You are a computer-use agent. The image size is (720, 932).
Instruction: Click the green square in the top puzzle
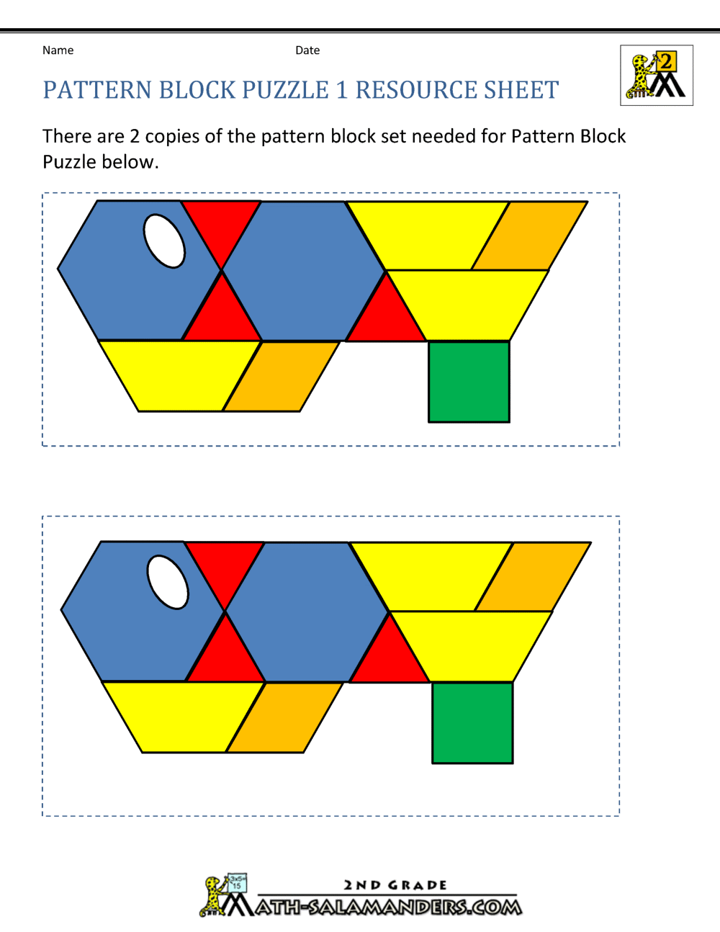469,381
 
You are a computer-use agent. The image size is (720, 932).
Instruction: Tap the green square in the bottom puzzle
472,722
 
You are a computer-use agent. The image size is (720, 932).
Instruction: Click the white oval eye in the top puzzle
165,241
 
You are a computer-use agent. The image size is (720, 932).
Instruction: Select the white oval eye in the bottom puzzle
168,582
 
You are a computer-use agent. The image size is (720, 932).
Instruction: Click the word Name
58,50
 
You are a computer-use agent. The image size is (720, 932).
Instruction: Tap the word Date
307,50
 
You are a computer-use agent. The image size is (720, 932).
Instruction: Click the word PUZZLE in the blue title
285,89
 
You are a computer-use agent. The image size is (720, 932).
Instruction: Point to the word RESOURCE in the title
416,89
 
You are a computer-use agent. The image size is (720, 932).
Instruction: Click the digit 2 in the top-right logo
665,62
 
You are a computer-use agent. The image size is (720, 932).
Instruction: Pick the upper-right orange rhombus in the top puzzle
530,236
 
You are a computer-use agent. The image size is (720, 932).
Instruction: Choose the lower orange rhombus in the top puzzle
281,376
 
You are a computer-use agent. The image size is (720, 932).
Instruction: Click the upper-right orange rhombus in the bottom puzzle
533,577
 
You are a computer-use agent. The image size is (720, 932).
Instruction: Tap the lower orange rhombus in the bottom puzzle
284,717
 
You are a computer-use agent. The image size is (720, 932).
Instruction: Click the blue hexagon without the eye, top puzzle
303,271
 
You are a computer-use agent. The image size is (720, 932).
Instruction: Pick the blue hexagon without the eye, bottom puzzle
307,612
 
